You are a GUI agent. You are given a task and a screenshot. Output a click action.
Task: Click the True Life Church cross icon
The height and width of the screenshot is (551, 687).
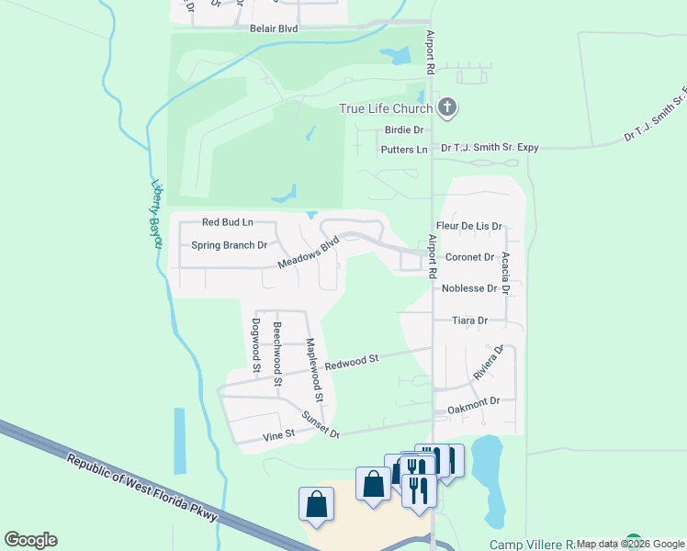[447, 108]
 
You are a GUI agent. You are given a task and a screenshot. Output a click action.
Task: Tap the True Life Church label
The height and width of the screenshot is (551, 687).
[386, 108]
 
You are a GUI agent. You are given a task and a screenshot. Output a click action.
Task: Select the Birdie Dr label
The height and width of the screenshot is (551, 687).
[403, 130]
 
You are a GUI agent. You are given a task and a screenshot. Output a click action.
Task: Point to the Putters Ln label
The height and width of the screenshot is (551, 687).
[403, 149]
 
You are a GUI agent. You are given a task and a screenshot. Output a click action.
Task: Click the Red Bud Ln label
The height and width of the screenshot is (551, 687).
[227, 222]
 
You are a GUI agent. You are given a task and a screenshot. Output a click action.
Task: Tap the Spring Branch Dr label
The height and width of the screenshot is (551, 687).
[229, 245]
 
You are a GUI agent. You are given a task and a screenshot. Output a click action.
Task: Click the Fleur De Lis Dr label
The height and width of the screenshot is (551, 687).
[469, 226]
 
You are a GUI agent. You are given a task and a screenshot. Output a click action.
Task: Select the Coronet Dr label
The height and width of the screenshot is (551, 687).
[469, 258]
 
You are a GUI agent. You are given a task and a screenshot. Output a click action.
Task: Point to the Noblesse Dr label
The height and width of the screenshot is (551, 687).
[469, 288]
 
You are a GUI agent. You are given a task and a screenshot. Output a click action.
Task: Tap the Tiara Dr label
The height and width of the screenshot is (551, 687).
[469, 320]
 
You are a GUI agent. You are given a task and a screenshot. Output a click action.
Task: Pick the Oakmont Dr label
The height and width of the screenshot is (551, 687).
[472, 401]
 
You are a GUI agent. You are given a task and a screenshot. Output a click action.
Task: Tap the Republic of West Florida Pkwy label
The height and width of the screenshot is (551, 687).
[142, 487]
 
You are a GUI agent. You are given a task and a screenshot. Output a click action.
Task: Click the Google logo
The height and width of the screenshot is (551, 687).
[31, 540]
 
